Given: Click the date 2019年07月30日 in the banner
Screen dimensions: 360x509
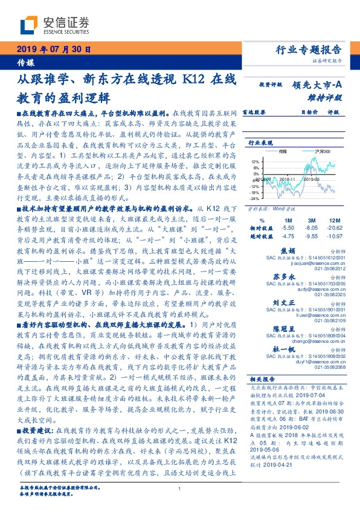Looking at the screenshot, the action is pos(53,51).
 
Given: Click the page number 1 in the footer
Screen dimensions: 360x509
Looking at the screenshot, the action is pos(180,488).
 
